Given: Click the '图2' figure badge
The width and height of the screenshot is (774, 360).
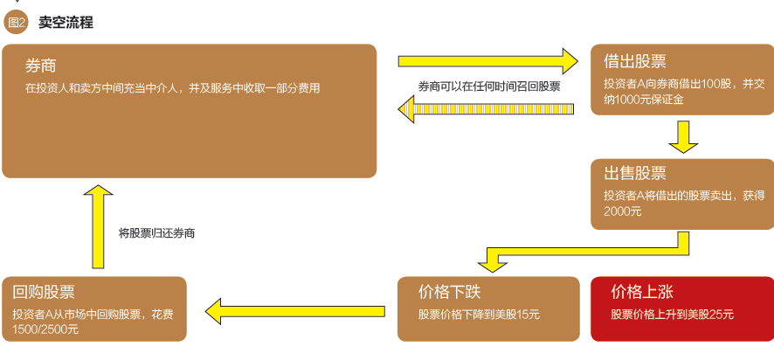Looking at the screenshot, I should coord(16,23).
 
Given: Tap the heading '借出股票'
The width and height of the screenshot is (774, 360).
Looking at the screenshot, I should coord(635,61).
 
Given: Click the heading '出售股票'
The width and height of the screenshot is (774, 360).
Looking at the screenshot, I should coord(635,172).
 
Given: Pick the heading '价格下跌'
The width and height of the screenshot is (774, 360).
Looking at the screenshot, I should coord(450,292).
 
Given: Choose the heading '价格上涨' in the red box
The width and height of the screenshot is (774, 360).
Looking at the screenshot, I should coord(642,292).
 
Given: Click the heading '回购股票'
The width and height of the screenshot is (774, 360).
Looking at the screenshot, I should coord(44,292).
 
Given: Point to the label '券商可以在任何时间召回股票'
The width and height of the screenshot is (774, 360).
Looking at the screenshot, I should coord(488,87).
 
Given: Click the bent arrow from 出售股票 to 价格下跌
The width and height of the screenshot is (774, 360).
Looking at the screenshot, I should coord(594,253).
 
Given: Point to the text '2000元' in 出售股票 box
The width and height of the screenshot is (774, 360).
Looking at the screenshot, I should coord(622,211).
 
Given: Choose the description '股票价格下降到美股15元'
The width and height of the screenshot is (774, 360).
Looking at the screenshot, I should coord(479,315).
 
